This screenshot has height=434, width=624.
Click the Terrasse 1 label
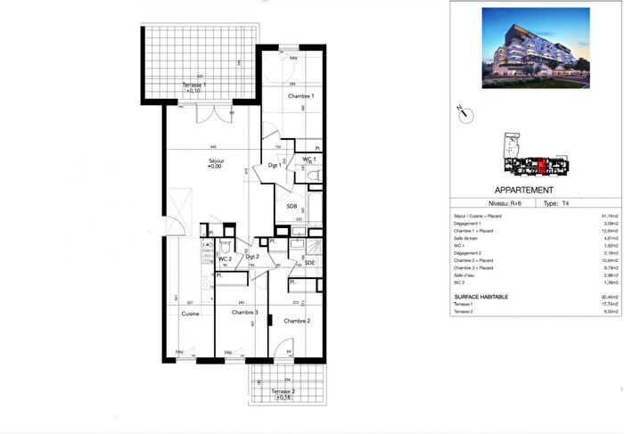(x=193, y=86)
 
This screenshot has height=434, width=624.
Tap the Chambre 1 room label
(x=300, y=95)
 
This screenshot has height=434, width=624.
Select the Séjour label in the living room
(x=216, y=161)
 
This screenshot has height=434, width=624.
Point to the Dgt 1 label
(x=275, y=165)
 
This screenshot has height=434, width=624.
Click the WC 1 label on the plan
(x=308, y=160)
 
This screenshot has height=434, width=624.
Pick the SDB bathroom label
(x=291, y=206)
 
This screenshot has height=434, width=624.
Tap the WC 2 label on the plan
(x=225, y=258)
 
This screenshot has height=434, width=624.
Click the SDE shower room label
(x=309, y=262)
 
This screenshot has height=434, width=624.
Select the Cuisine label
(x=189, y=313)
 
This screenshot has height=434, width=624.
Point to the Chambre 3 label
(x=244, y=313)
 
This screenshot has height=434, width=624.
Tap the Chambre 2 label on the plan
(x=296, y=320)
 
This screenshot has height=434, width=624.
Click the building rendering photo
(x=535, y=49)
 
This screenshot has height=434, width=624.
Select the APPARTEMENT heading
(x=523, y=190)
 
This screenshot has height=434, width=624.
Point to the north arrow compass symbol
(x=461, y=113)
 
